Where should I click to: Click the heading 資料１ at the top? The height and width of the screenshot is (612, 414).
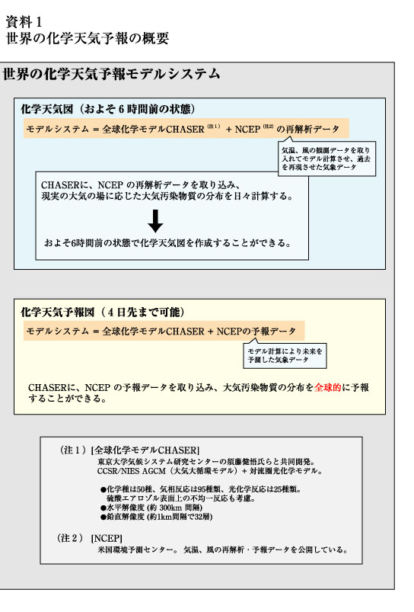coord(24,22)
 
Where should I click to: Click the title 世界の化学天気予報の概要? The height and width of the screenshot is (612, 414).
coord(88,38)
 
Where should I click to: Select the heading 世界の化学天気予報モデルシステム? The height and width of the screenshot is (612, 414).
coord(112,74)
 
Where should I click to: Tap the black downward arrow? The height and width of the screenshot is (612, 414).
coord(155,221)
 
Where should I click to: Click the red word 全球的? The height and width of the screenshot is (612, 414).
coord(327,387)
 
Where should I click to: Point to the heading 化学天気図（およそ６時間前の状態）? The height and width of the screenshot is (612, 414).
coord(108,109)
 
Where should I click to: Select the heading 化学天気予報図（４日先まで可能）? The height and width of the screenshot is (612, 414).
coord(103,312)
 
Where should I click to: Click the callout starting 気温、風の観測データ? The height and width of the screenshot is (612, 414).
coord(326,159)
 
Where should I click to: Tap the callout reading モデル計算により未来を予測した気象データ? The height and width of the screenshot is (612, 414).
coord(285,356)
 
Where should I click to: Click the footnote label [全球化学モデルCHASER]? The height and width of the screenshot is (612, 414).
coord(145,450)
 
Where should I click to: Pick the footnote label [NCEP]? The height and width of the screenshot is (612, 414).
coord(107,538)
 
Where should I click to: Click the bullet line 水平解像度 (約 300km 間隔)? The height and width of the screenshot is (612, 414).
coord(151,508)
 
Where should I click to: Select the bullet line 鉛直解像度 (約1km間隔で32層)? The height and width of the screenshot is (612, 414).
coord(156,517)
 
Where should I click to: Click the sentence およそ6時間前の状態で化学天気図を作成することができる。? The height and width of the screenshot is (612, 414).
coord(168,243)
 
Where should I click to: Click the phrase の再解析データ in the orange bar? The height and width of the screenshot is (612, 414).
coord(307,130)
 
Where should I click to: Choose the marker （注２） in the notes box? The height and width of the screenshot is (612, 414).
coord(70,538)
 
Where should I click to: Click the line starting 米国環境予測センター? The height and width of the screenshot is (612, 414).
coord(222,550)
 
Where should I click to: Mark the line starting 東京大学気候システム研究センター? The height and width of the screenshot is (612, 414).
coord(206,461)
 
